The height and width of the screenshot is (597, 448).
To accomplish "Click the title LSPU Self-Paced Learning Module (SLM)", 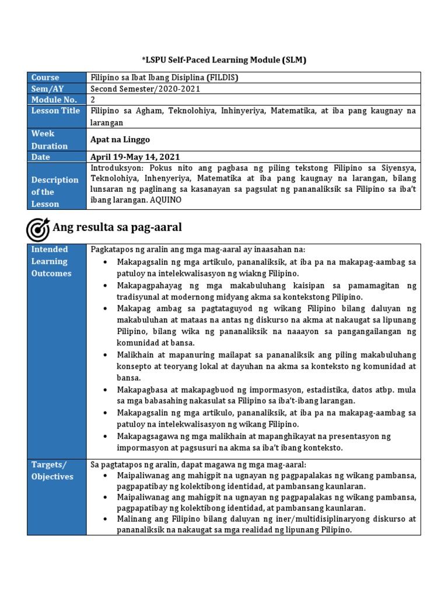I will (224, 60).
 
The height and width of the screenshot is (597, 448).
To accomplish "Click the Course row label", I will (45, 78).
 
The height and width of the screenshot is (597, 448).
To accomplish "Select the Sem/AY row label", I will (45, 89).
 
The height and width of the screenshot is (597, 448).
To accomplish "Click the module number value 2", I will (93, 100).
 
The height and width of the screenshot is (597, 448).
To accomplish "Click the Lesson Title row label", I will (55, 111).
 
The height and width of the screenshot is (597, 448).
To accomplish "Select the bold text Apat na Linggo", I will (120, 140).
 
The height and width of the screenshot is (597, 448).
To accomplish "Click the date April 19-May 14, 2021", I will (135, 157).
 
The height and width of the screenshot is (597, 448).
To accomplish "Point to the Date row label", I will (41, 157).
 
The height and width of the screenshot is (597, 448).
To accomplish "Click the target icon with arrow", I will (38, 229).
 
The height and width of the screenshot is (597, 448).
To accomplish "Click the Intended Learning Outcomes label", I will (51, 261).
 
